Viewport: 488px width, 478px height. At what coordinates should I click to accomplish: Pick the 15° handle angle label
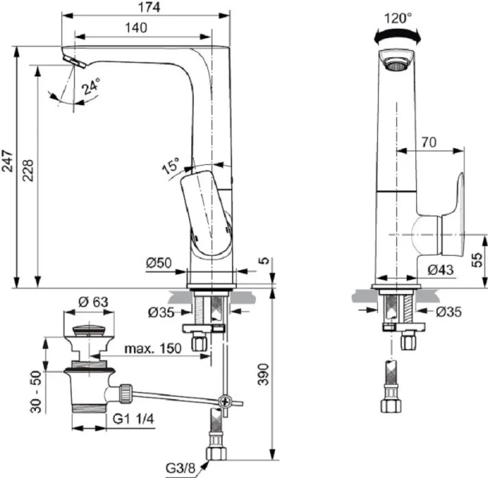tap(171, 168)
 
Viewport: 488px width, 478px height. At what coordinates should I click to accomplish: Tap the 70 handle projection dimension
tap(428, 143)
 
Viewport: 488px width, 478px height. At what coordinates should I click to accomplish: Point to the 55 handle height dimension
tap(477, 260)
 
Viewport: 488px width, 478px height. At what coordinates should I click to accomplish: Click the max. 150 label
tap(153, 348)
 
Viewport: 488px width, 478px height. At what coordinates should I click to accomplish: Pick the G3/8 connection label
tap(182, 467)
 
